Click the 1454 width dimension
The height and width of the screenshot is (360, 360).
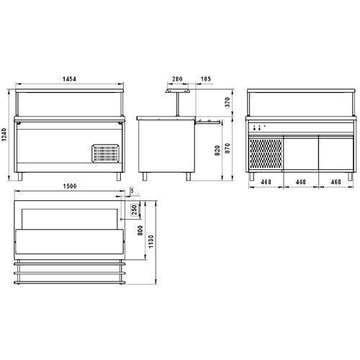[x=69, y=78]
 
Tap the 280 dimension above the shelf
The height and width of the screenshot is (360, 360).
[x=177, y=78]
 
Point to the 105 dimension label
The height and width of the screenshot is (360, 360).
[x=206, y=78]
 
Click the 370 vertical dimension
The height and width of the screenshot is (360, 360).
[x=228, y=102]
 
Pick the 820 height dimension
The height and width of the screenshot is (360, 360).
[x=217, y=150]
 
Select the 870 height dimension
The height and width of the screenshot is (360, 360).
[x=228, y=148]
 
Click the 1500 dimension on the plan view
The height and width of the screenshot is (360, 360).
[x=70, y=186]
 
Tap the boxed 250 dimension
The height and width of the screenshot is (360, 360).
[x=135, y=210]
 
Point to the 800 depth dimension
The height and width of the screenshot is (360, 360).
[x=140, y=230]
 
